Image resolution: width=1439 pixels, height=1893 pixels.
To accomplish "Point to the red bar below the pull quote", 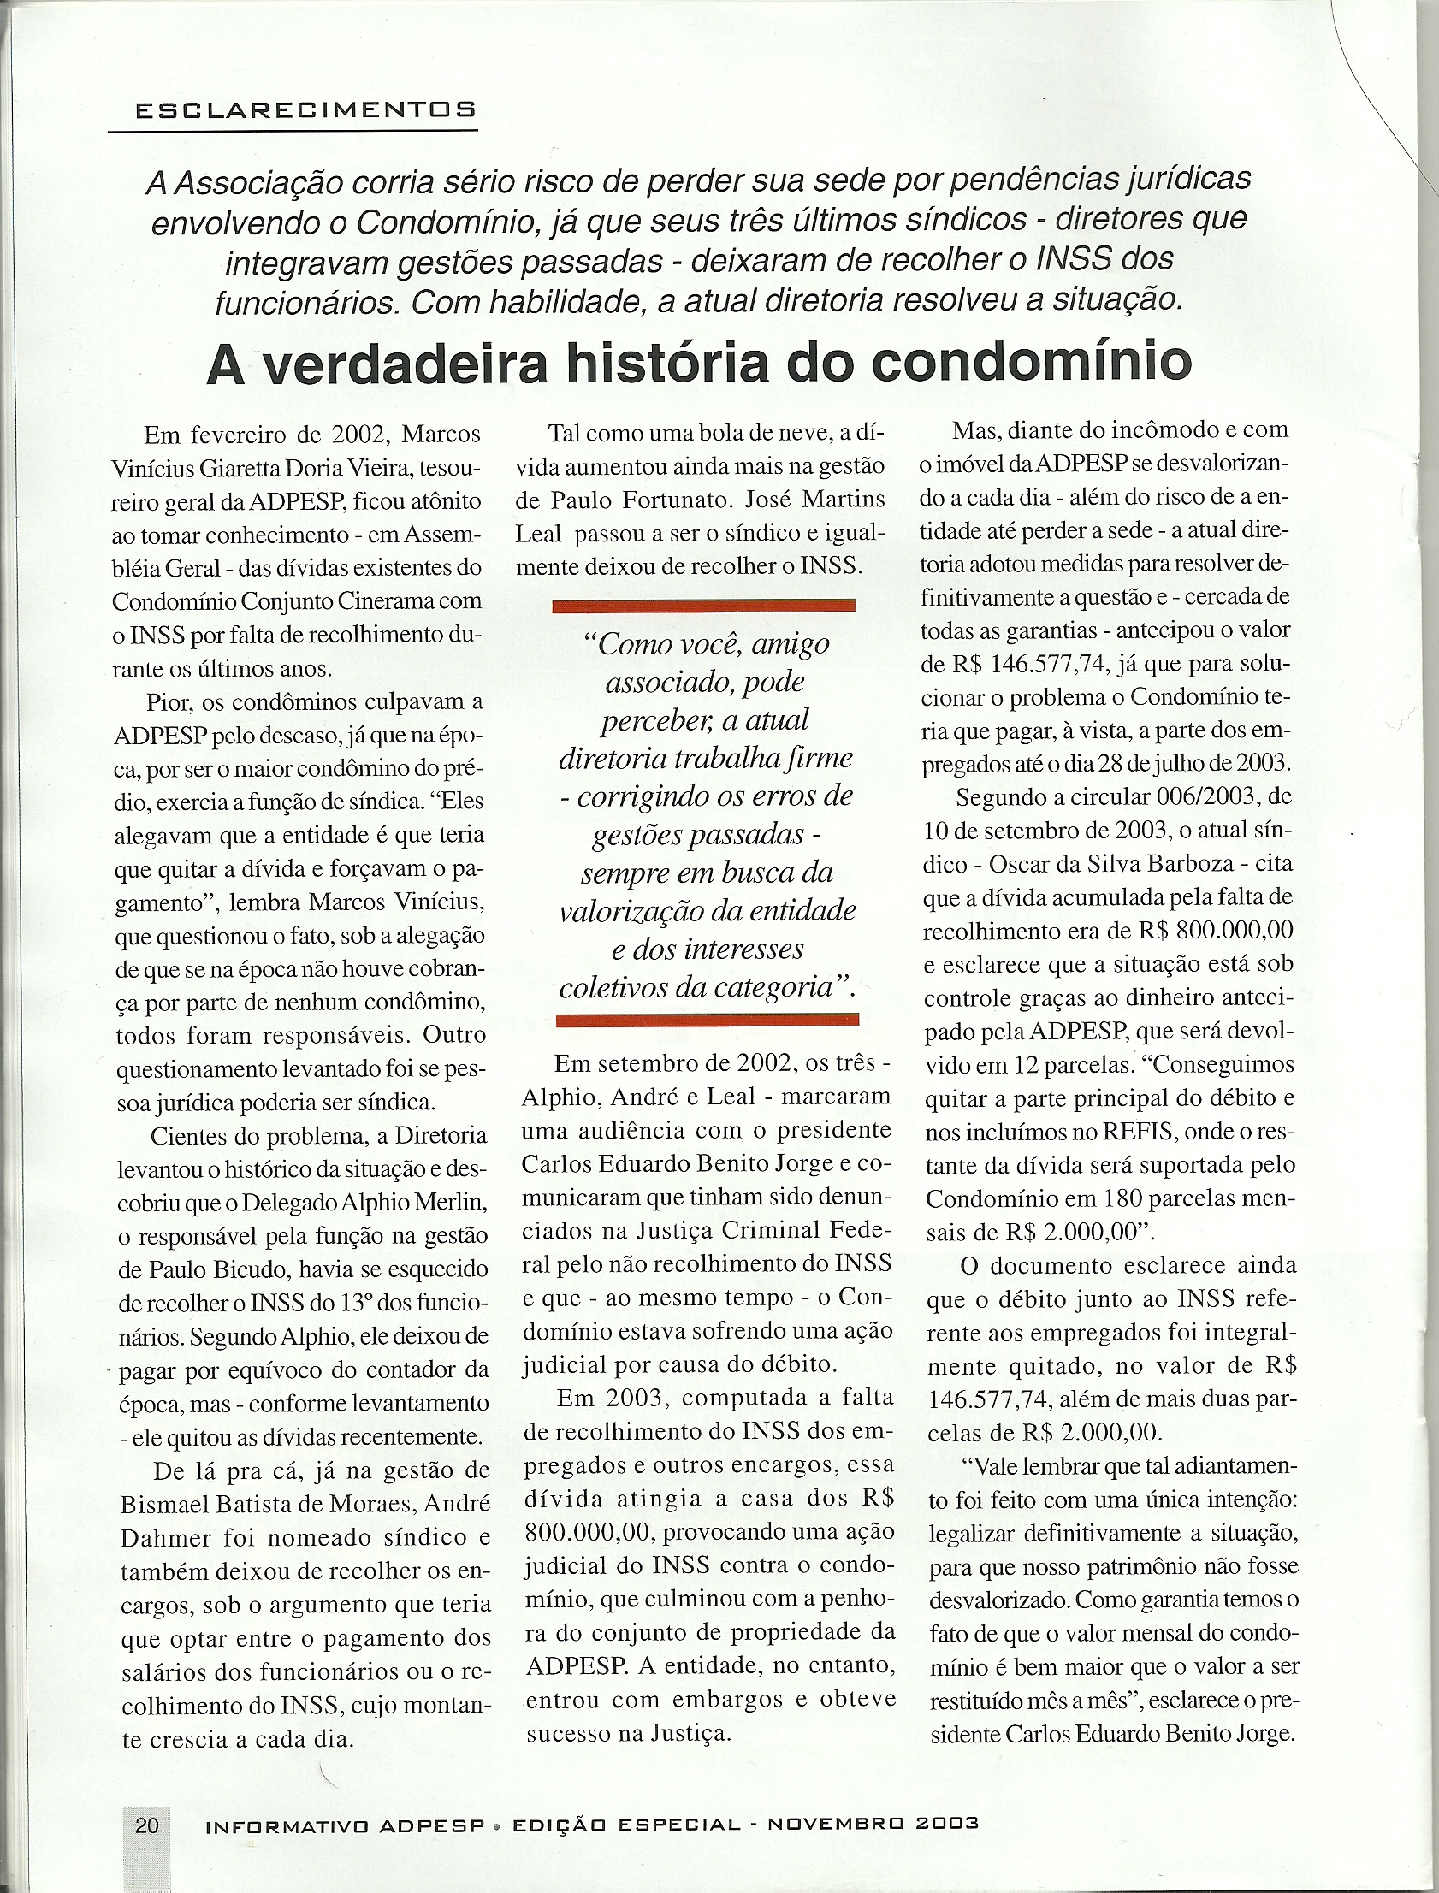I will point(707,1018).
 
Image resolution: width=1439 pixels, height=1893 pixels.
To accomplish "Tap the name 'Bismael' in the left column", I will point(168,1505).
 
